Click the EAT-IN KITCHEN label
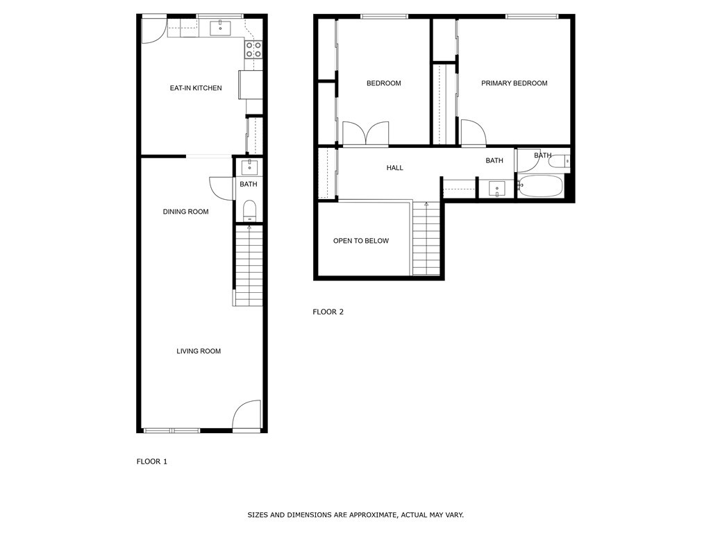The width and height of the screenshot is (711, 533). click(196, 88)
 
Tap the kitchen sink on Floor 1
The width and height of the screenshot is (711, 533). click(220, 28)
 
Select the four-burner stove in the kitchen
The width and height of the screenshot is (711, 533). click(253, 49)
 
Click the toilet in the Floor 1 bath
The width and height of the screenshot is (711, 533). click(249, 210)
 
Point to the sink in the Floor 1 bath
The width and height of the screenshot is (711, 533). click(249, 167)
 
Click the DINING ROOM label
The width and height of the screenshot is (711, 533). click(186, 212)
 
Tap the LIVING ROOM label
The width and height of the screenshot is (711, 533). click(199, 351)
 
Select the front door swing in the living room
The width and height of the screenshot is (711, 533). click(247, 414)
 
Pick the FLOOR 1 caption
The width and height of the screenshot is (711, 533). click(152, 462)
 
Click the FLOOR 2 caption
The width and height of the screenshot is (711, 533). click(328, 312)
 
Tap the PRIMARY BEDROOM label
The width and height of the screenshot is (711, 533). click(515, 83)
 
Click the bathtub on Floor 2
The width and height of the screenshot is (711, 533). click(540, 186)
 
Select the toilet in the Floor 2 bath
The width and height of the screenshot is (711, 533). click(559, 161)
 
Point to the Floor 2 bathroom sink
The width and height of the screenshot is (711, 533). click(497, 189)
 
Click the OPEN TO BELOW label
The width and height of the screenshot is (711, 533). click(361, 241)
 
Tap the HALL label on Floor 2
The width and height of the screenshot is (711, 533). click(395, 168)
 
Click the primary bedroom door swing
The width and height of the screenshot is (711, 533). click(474, 133)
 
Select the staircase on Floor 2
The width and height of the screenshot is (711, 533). click(426, 239)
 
